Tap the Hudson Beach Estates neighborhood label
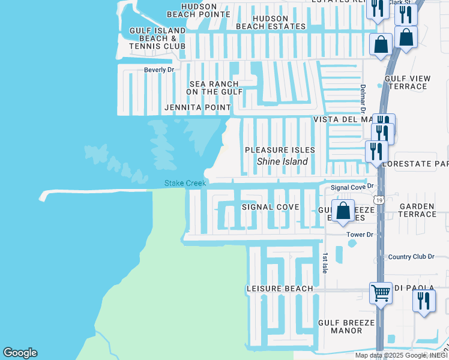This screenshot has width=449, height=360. [x=271, y=22]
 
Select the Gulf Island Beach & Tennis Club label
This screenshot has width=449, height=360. [x=158, y=38]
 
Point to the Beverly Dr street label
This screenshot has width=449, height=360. [x=158, y=70]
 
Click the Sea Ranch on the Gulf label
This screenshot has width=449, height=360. [x=214, y=88]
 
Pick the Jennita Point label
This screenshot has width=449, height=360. [x=197, y=107]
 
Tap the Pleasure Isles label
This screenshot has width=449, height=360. [x=280, y=149]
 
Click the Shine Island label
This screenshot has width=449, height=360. [x=282, y=161]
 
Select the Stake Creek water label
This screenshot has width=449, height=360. [x=185, y=183]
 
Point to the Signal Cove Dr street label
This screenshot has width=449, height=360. [x=352, y=188]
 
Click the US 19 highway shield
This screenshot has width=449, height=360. [x=378, y=199]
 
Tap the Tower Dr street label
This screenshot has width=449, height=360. [x=360, y=235]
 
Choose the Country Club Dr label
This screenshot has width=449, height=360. [x=411, y=257]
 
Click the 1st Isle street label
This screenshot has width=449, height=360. [x=325, y=260]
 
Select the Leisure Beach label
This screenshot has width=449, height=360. [x=280, y=289]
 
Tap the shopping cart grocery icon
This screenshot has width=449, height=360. [x=381, y=293]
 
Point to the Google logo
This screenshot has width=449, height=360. [x=20, y=353]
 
